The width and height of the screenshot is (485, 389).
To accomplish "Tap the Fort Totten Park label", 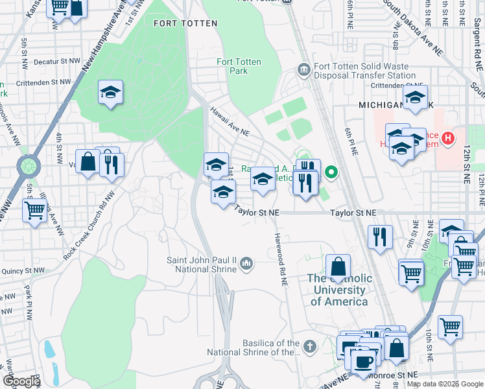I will pos(239,66).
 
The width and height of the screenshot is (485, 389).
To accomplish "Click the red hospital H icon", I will pos(447,138).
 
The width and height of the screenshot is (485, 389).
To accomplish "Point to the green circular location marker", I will pos(331,172).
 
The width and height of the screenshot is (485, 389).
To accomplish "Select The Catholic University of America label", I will pos(340,290).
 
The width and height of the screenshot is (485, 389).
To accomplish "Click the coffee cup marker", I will pos(362,360).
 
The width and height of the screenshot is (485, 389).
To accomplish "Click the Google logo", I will pos(21,381).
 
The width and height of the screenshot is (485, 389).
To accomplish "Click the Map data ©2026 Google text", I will pos(445,384).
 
